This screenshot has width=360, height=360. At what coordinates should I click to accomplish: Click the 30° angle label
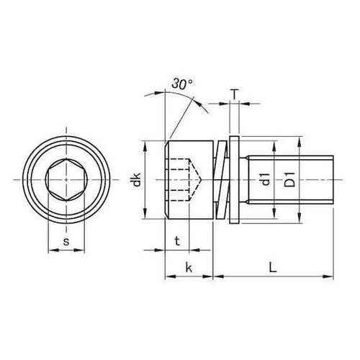pos(182,84)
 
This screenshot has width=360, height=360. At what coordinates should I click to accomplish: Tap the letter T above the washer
pos(235,94)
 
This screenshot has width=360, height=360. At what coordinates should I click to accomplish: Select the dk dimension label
pos(136,179)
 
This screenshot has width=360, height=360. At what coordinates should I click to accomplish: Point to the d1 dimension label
pos(266,179)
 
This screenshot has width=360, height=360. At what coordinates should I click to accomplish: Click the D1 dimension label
pos(290,179)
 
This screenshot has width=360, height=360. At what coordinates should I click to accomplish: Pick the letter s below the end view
pos(66,242)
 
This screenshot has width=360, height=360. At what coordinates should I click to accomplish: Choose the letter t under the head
pos(177,241)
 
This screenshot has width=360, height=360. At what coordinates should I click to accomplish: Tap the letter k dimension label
pos(189,267)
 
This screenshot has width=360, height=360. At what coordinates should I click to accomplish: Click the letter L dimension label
pos(273,267)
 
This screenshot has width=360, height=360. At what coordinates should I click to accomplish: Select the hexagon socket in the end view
pos(66,180)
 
